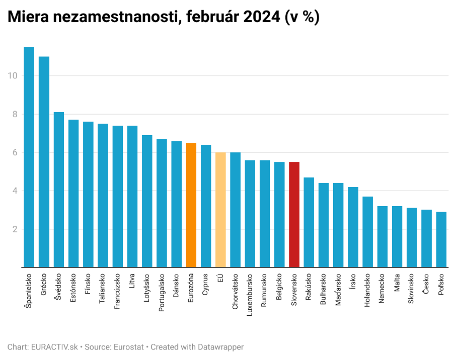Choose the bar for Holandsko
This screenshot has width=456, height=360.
(368, 232)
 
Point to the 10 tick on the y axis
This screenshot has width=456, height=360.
(13, 76)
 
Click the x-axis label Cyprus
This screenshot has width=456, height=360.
(206, 286)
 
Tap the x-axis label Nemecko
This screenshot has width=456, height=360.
(383, 288)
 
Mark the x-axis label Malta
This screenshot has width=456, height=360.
(397, 283)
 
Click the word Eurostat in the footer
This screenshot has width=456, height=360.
(129, 347)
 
